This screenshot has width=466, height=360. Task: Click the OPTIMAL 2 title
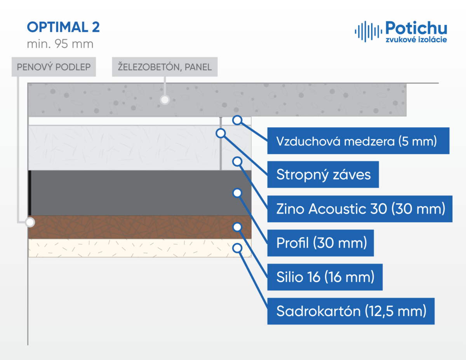pyautogui.click(x=63, y=27)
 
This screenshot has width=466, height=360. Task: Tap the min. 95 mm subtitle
pyautogui.click(x=60, y=44)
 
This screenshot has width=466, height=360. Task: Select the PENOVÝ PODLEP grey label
pyautogui.click(x=54, y=67)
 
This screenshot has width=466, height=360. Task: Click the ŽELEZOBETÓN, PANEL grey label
pyautogui.click(x=165, y=67)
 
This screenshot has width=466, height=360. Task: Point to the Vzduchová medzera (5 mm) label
pyautogui.click(x=358, y=141)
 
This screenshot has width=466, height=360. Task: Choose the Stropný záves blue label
pyautogui.click(x=323, y=175)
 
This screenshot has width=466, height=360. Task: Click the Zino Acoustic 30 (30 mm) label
pyautogui.click(x=360, y=209)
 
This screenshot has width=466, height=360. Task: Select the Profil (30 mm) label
pyautogui.click(x=320, y=243)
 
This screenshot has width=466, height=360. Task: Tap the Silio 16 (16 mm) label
pyautogui.click(x=325, y=277)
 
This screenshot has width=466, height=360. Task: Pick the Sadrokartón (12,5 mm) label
pyautogui.click(x=351, y=311)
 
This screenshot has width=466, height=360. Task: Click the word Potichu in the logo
pyautogui.click(x=416, y=28)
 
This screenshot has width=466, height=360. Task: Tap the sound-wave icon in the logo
pyautogui.click(x=368, y=31)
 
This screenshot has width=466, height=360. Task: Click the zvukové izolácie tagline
pyautogui.click(x=416, y=40)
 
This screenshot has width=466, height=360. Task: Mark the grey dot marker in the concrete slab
pyautogui.click(x=165, y=100)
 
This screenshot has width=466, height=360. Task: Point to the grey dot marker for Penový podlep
pyautogui.click(x=30, y=222)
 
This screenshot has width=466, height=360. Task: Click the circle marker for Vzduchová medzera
pyautogui.click(x=237, y=120)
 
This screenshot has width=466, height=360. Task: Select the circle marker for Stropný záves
pyautogui.click(x=221, y=133)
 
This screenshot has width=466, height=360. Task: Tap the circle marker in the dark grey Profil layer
pyautogui.click(x=237, y=193)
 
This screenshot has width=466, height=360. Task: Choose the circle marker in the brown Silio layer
pyautogui.click(x=237, y=227)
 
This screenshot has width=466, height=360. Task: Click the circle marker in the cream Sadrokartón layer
pyautogui.click(x=237, y=248)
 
